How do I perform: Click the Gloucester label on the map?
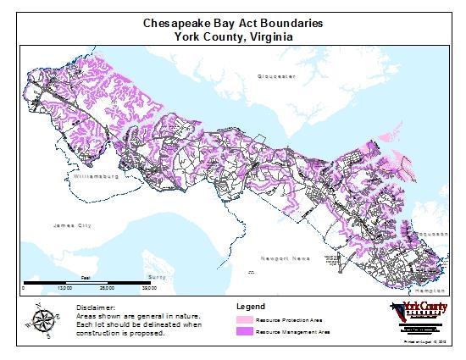click(x=277, y=76)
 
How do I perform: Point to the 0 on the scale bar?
click(x=25, y=288)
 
